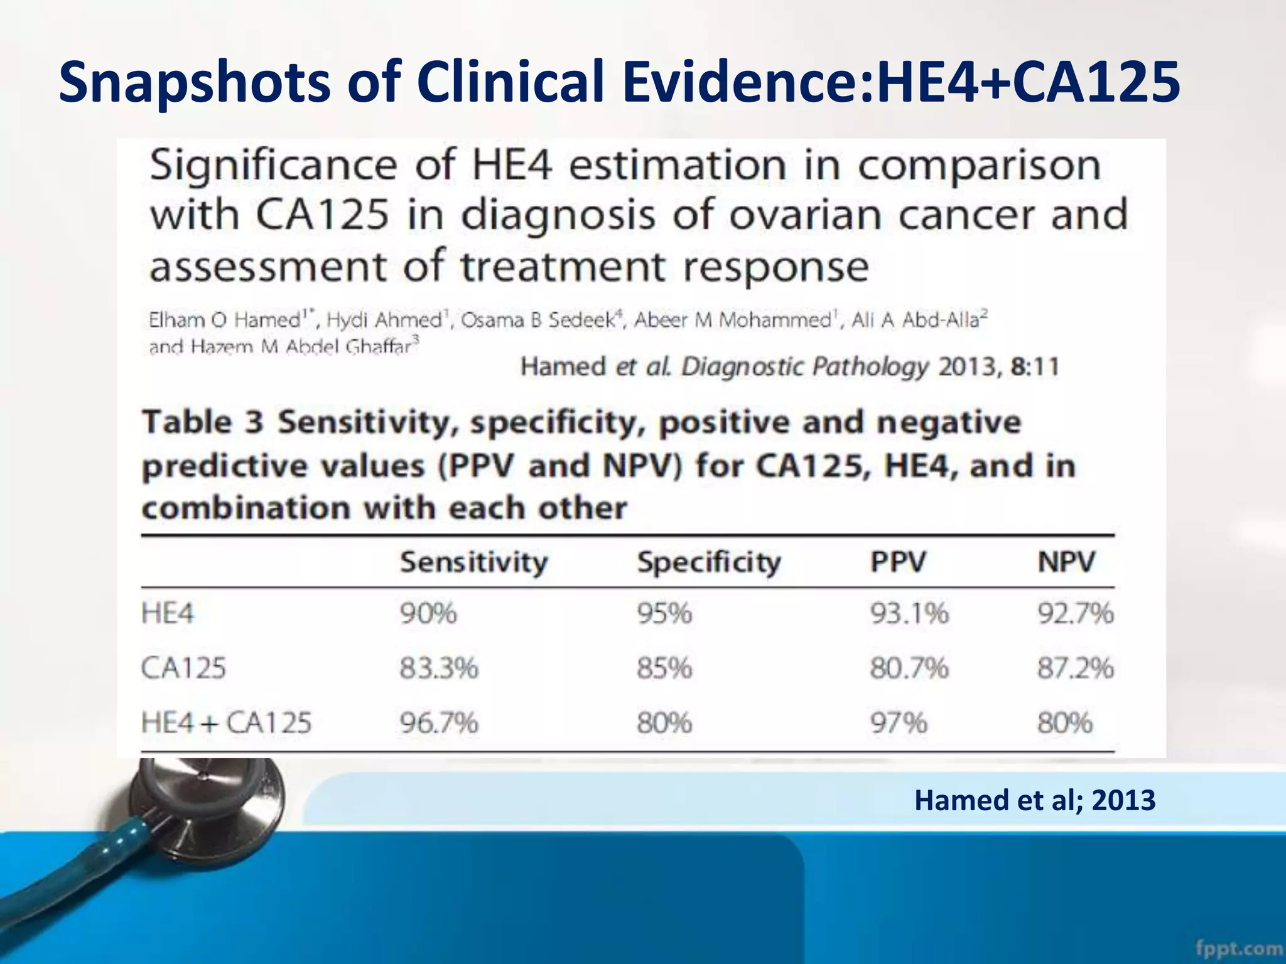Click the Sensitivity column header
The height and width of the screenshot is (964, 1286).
point(474,562)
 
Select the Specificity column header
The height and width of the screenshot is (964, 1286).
point(709,562)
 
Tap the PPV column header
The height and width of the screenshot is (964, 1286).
point(898,562)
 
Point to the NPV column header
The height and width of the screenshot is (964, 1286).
point(1066,562)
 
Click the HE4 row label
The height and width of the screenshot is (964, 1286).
point(168,613)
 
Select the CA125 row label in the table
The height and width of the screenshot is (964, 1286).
point(183,668)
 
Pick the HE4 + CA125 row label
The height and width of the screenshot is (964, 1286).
point(226,723)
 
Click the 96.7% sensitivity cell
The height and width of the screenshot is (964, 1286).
point(439,723)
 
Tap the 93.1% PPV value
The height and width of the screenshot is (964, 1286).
point(909,613)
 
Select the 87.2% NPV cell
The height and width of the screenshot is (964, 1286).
point(1075,668)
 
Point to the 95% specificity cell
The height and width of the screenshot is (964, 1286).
point(664,613)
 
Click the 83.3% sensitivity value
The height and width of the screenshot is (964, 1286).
point(439,668)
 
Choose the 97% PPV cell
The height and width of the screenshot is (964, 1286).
point(898,723)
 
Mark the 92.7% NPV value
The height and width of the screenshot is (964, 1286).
point(1075,613)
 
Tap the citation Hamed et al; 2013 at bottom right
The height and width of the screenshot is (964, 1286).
point(1034,801)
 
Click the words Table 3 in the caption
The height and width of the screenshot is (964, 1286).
point(202,422)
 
